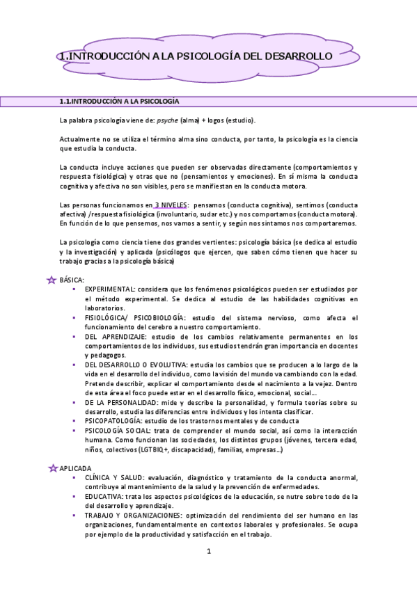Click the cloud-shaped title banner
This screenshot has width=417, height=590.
point(208,55)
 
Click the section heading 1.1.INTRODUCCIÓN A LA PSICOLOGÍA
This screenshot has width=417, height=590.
point(120,102)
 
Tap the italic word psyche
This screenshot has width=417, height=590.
point(165,120)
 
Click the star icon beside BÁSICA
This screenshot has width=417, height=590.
point(51,279)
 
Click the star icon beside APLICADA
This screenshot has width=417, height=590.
point(52,468)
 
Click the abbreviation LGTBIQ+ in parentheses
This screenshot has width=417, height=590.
point(156,450)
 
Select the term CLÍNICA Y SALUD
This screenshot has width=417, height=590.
point(115,477)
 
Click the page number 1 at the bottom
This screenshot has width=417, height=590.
point(208,552)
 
